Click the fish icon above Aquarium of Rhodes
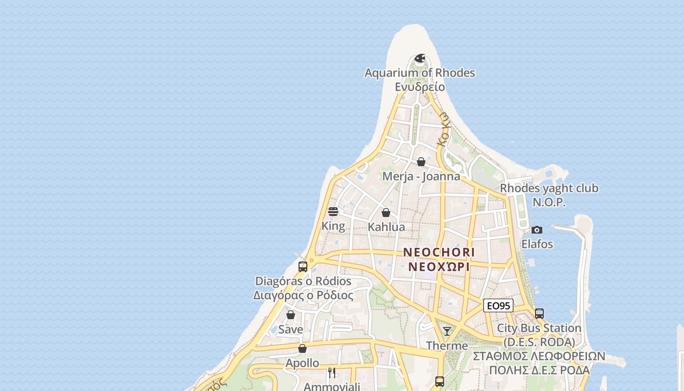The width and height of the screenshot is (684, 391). tap(420, 59)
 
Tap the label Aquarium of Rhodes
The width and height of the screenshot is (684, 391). tap(420, 73)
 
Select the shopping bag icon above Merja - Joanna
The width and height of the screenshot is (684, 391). tap(421, 162)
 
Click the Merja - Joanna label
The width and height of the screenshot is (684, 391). tap(421, 176)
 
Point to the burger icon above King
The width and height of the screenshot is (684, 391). tap(333, 212)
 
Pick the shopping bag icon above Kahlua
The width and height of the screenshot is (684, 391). tap(386, 213)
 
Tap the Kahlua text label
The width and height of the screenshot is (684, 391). tap(386, 227)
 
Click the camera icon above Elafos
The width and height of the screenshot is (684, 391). tap(537, 230)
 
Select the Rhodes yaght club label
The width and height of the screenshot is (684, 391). tap(549, 188)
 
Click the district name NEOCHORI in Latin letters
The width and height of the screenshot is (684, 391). tap(439, 253)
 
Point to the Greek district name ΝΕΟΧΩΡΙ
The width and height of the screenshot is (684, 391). tap(439, 267)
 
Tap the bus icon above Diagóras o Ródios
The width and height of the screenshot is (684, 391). tap(303, 267)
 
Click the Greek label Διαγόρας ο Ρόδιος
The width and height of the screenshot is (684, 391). tap(303, 296)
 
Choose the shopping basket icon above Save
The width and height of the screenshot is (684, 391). tap(291, 315)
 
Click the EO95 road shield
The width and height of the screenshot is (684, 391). tap(498, 306)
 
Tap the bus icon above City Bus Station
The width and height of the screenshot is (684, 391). tap(539, 314)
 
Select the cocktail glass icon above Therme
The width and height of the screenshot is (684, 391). tap(447, 331)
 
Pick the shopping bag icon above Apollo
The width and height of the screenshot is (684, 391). tap(302, 348)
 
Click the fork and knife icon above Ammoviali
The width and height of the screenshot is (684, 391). tap(332, 373)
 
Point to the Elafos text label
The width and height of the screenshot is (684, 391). tap(537, 244)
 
